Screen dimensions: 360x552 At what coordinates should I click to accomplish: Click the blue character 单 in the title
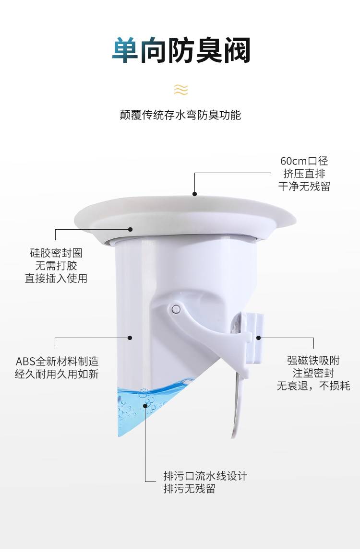(x=125, y=50)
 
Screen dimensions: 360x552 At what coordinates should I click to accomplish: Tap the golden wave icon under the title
(x=180, y=90)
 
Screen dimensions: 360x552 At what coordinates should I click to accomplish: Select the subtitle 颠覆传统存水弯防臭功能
(x=180, y=115)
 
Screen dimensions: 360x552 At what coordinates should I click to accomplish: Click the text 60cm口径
(x=304, y=161)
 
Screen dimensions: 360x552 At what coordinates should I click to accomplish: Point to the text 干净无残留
(x=304, y=186)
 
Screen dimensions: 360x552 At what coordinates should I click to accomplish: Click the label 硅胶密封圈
(x=56, y=253)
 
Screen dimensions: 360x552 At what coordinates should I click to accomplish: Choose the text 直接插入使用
(x=56, y=278)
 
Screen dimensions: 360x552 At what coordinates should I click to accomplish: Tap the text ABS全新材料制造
(x=57, y=361)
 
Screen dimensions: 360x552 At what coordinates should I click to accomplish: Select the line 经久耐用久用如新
(x=57, y=374)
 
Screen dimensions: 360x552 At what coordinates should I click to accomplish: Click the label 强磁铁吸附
(x=313, y=361)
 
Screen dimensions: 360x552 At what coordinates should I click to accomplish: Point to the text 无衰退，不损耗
(x=313, y=386)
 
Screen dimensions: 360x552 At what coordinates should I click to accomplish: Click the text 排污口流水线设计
(x=205, y=476)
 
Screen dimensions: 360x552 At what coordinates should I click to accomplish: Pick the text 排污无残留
(x=190, y=489)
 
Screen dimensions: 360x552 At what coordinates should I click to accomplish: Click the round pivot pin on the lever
(x=175, y=309)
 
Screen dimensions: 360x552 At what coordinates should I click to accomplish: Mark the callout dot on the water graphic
(x=145, y=405)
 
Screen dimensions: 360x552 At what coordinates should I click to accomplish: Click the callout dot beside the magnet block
(x=259, y=338)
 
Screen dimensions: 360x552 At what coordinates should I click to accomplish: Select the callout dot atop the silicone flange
(x=194, y=193)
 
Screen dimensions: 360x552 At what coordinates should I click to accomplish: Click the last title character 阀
(x=237, y=50)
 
